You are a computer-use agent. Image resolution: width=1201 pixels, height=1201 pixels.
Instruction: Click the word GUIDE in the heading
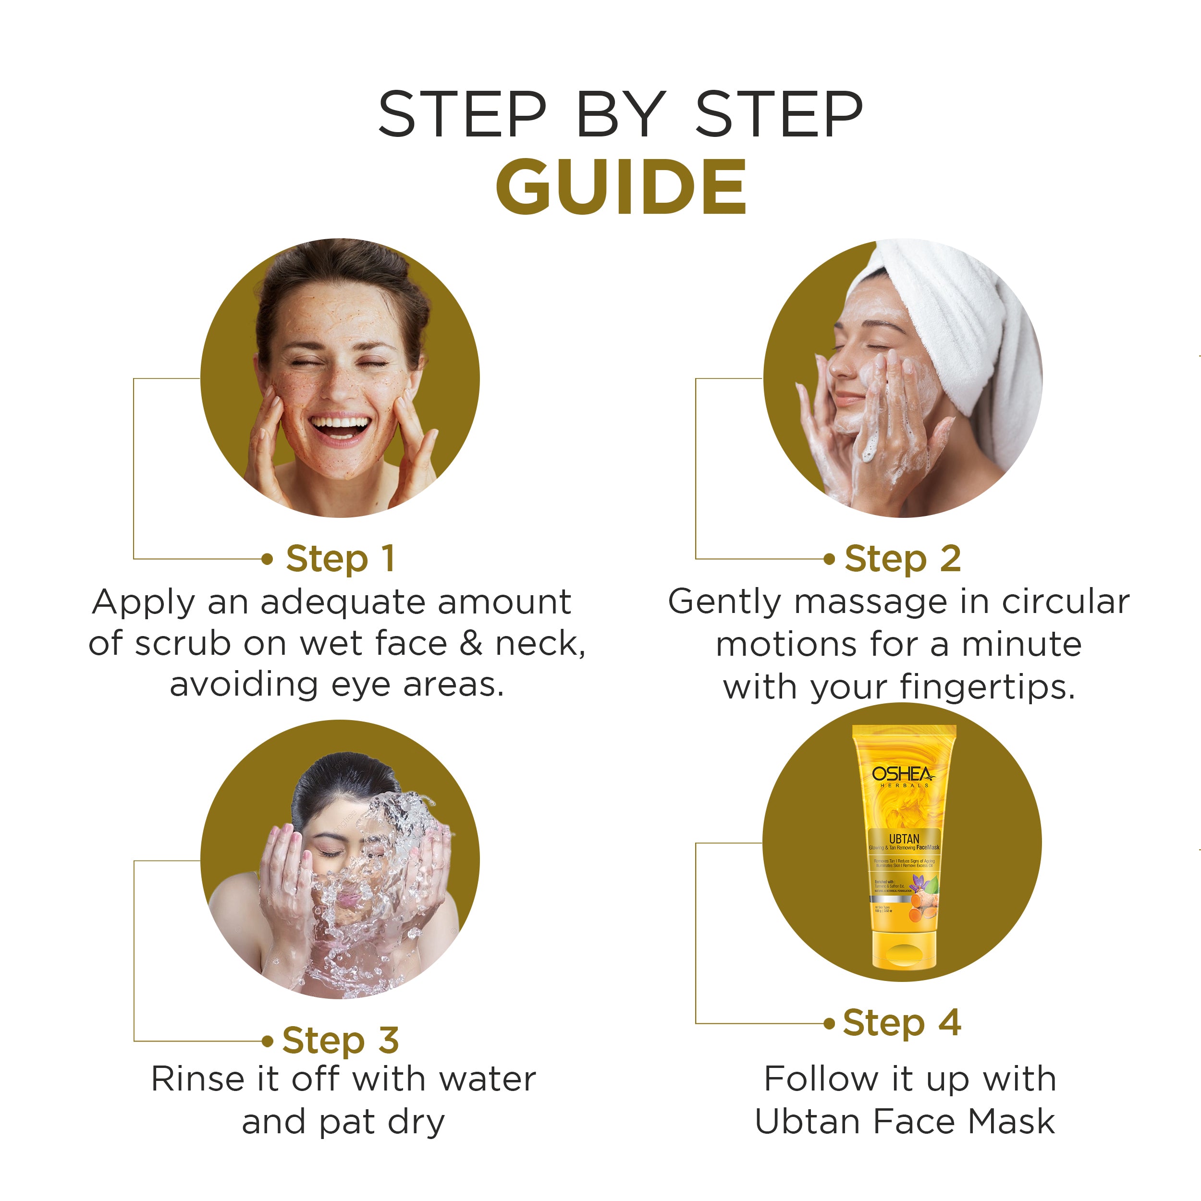pyautogui.click(x=620, y=187)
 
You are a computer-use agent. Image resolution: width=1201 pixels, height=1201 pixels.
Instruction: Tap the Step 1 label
pyautogui.click(x=340, y=559)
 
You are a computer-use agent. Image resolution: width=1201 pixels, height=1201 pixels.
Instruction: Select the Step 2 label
pyautogui.click(x=903, y=559)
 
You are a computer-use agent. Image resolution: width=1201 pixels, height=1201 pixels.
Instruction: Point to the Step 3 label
pyautogui.click(x=340, y=1041)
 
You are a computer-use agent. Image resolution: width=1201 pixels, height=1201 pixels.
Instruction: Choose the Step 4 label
pyautogui.click(x=902, y=1023)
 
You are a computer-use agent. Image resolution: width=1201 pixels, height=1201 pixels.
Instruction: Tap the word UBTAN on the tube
pyautogui.click(x=903, y=839)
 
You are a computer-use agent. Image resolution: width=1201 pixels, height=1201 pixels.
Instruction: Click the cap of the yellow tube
pyautogui.click(x=903, y=951)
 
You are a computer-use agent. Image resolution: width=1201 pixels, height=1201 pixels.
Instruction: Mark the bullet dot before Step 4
pyautogui.click(x=829, y=1024)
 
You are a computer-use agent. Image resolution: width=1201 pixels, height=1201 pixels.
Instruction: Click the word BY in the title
pyautogui.click(x=620, y=114)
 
